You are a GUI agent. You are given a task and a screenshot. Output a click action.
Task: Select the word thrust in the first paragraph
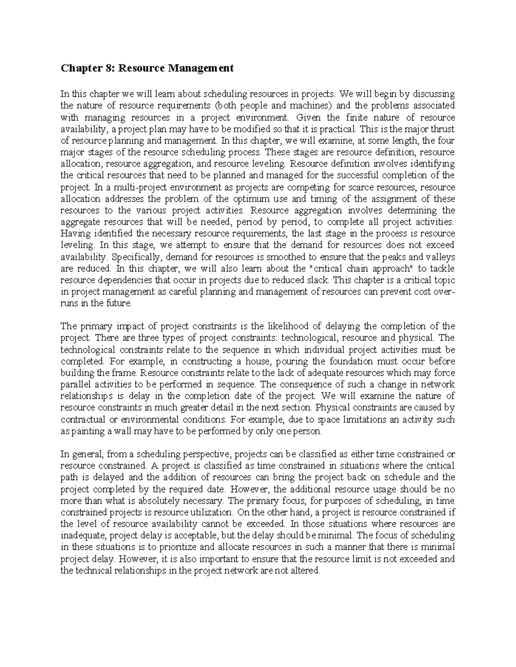click(443, 129)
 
